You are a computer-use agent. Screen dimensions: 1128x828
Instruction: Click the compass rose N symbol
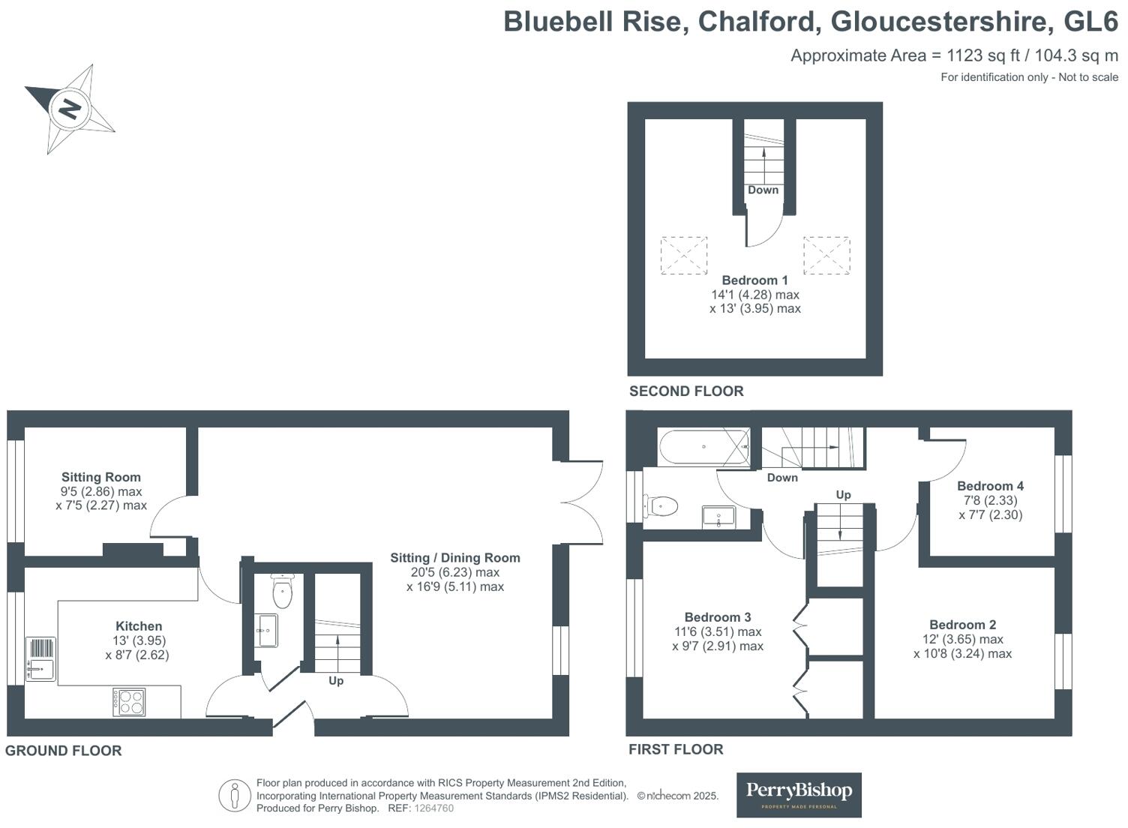click(x=70, y=109)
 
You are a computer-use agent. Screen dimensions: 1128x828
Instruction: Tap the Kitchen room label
click(x=139, y=626)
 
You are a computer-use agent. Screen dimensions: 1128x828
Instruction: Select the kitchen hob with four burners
click(x=129, y=701)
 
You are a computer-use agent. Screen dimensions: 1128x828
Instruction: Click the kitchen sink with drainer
click(x=40, y=658)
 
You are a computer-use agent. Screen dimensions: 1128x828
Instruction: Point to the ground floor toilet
click(x=281, y=591)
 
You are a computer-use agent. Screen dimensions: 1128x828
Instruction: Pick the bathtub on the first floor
click(x=704, y=447)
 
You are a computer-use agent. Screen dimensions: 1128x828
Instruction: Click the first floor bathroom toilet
click(x=660, y=506)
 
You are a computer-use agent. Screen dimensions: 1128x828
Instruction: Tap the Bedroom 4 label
click(x=990, y=486)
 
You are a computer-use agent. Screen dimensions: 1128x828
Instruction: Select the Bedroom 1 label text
click(x=754, y=280)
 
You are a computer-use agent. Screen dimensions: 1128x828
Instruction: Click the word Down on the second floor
click(x=763, y=190)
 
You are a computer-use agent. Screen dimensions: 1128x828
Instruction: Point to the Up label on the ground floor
click(x=336, y=681)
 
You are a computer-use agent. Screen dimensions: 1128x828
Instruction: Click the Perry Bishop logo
click(x=799, y=795)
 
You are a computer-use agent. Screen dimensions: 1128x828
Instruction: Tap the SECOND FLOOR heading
click(x=685, y=391)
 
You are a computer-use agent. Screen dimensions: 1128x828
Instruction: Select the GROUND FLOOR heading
click(x=64, y=751)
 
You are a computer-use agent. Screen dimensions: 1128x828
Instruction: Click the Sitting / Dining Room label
click(x=455, y=558)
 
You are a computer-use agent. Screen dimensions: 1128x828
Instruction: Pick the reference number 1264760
click(x=433, y=808)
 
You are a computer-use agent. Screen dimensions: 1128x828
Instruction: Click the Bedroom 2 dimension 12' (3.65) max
click(x=963, y=639)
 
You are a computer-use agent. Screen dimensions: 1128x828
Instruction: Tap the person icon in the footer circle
click(x=235, y=796)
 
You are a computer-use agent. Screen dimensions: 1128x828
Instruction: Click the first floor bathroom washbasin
click(x=718, y=517)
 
